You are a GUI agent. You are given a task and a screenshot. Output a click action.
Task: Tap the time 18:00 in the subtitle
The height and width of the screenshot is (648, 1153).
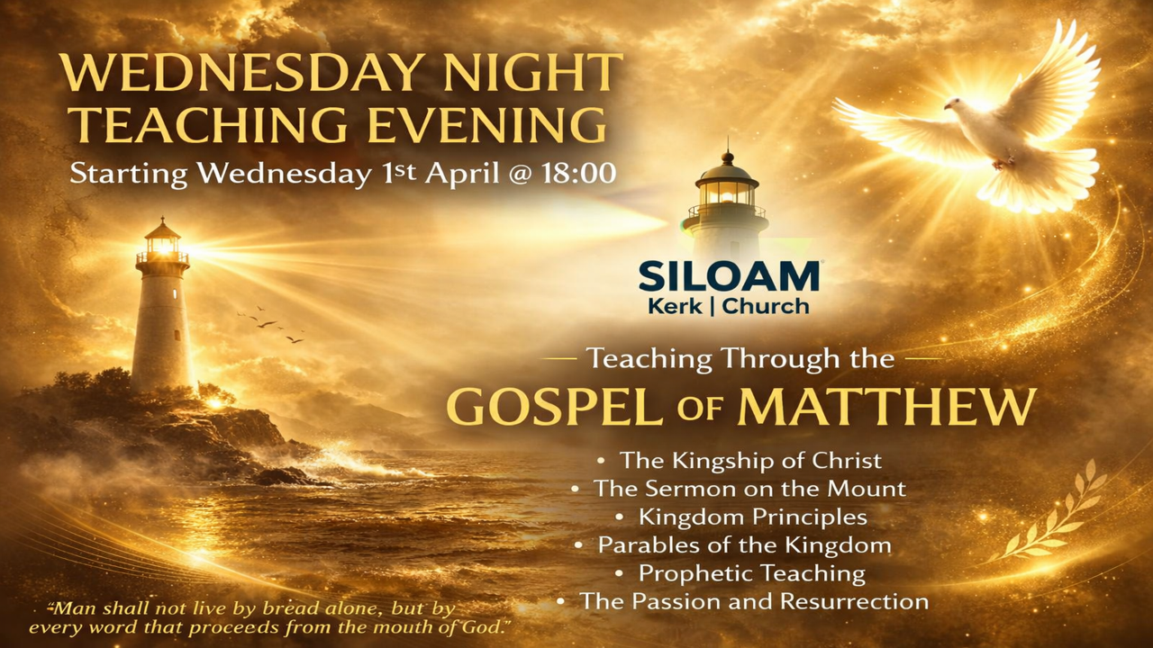579,173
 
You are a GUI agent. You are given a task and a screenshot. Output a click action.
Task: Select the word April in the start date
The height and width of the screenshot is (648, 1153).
462,173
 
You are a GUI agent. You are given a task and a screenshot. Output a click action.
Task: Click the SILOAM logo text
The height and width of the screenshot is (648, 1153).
729,276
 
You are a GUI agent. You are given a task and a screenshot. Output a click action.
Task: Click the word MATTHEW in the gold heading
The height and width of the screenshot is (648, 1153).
886,407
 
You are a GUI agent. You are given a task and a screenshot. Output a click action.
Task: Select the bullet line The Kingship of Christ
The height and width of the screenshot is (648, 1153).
749,461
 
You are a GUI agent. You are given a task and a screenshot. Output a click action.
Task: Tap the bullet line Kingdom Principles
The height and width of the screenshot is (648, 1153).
752,517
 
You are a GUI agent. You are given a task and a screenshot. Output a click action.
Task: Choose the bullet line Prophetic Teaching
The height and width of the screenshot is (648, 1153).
751,572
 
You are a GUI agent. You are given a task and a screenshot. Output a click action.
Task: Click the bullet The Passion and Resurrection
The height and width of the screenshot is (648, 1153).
753,600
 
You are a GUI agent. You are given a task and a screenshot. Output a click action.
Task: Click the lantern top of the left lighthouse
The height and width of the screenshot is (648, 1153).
162,240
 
